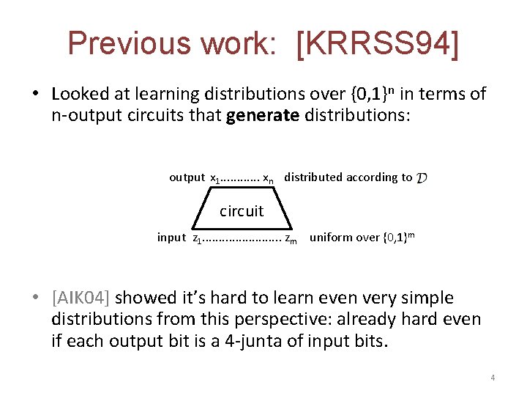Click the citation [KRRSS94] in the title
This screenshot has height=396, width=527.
click(x=379, y=43)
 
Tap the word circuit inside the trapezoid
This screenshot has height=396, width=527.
click(x=242, y=211)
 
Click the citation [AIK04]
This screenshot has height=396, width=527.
click(x=81, y=298)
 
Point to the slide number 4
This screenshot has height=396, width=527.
click(x=493, y=378)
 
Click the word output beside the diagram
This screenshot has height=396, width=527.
click(x=187, y=177)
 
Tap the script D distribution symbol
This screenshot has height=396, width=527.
click(x=422, y=177)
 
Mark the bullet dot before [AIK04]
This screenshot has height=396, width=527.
click(x=36, y=298)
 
